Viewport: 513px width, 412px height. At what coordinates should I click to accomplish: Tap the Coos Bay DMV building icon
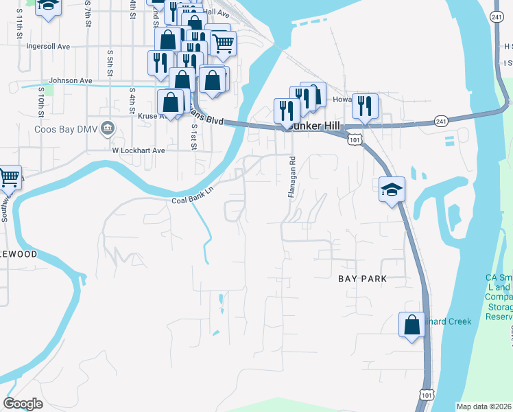[x=108, y=128]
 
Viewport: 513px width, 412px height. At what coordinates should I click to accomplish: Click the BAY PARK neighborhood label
[x=363, y=279]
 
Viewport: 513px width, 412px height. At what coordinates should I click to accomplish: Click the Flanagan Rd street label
[x=291, y=177]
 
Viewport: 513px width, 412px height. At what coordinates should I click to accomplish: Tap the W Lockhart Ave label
[x=139, y=150]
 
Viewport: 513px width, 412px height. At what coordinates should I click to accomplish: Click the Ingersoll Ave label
[x=48, y=47]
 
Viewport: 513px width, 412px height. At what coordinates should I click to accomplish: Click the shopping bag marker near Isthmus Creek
[x=411, y=324]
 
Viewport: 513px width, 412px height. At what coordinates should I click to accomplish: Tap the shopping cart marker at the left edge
[x=8, y=178]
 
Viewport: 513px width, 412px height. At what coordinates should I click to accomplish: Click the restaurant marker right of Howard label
[x=365, y=106]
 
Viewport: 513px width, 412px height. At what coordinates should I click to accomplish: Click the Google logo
[x=23, y=404]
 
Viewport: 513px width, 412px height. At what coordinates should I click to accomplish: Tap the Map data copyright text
[x=484, y=407]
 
